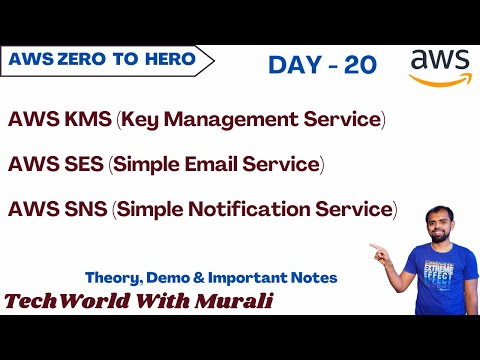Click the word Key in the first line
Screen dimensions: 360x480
143,120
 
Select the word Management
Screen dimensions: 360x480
237,120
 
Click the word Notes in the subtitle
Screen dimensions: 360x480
310,277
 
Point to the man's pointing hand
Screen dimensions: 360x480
378,246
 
